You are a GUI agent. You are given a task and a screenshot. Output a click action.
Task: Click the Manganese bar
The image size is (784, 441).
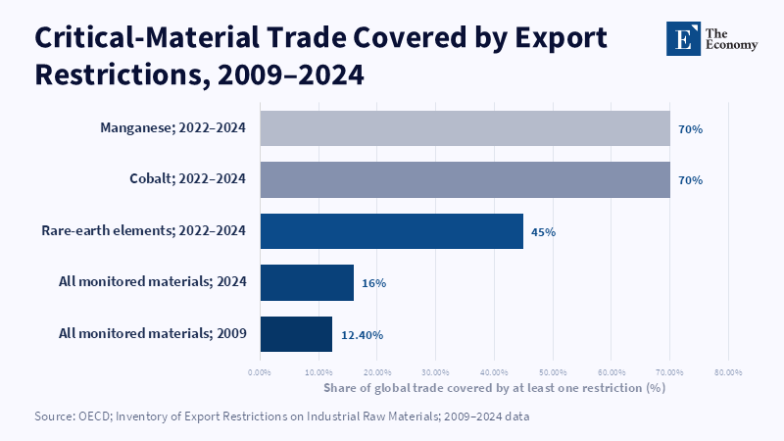(465, 128)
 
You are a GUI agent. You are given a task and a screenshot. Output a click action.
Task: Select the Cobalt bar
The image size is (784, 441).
(465, 179)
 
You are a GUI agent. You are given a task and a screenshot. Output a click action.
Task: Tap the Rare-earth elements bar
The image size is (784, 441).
(391, 231)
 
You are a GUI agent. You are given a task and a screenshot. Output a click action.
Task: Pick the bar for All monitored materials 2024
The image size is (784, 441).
(307, 282)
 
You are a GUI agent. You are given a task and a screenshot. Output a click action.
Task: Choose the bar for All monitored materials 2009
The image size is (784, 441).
(296, 334)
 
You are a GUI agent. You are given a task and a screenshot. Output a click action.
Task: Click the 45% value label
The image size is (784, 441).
(543, 232)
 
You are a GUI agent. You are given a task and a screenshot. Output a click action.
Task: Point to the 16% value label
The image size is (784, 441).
(374, 283)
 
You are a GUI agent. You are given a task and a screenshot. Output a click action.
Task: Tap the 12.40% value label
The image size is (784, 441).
(362, 335)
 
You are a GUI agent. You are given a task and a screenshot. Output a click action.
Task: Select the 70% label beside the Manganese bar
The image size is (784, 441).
(691, 129)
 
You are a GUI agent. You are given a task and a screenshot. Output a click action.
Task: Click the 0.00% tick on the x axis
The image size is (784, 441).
(260, 372)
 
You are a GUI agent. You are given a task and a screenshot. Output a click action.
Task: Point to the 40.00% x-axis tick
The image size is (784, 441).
(494, 372)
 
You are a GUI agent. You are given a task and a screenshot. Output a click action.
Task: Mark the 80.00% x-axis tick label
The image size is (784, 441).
(728, 372)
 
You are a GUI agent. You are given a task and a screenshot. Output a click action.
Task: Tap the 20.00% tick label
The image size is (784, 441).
(377, 372)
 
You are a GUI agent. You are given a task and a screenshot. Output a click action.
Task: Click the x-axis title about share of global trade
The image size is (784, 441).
(495, 388)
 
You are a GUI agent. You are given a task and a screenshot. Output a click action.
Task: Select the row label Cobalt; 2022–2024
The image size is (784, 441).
(187, 178)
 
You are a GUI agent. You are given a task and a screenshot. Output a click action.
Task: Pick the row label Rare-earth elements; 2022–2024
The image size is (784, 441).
(143, 230)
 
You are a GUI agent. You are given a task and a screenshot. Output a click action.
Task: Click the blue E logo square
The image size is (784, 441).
(683, 38)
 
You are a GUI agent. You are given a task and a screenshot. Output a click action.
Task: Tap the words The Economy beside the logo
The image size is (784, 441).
(731, 39)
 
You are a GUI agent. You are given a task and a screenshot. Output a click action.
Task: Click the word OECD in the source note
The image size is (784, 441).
(93, 416)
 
